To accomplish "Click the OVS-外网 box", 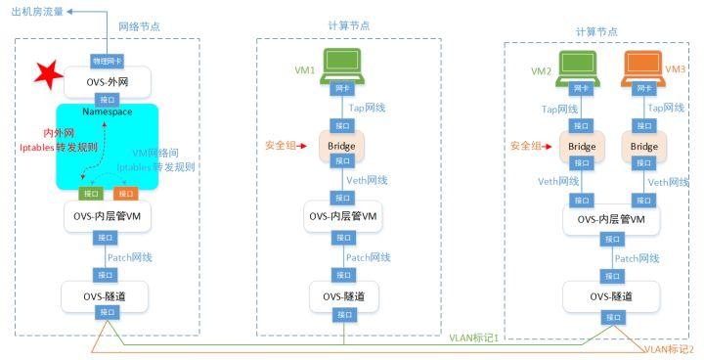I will click(107, 79).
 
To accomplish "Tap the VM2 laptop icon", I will click(581, 66).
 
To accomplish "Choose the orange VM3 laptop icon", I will click(643, 66).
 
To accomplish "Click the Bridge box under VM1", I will click(343, 146).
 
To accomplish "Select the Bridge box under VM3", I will click(643, 147).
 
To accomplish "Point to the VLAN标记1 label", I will click(473, 337).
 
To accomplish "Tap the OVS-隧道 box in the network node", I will click(107, 292).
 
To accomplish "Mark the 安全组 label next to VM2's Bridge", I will click(526, 146).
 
